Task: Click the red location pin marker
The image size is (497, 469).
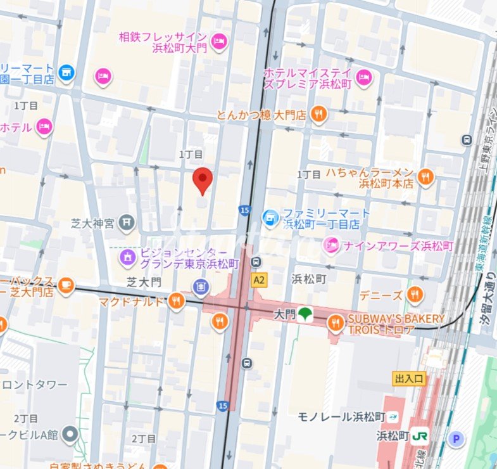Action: pyautogui.click(x=202, y=181)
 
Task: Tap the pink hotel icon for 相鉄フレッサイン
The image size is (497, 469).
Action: pyautogui.click(x=219, y=41)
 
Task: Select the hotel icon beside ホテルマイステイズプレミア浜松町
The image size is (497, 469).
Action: pyautogui.click(x=363, y=78)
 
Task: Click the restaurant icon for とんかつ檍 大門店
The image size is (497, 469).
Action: pyautogui.click(x=319, y=114)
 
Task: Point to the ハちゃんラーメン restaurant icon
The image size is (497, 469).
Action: pyautogui.click(x=425, y=177)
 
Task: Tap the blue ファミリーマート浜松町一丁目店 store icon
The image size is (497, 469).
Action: pyautogui.click(x=270, y=218)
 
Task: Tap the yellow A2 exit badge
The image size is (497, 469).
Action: pyautogui.click(x=258, y=279)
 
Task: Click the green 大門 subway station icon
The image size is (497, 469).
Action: pyautogui.click(x=306, y=313)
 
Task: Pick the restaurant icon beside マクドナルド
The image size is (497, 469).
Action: pyautogui.click(x=177, y=301)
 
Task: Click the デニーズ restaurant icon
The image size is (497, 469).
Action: pyautogui.click(x=415, y=294)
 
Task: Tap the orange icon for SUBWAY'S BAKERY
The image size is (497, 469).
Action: pyautogui.click(x=336, y=324)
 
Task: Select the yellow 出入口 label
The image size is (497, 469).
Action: pyautogui.click(x=409, y=378)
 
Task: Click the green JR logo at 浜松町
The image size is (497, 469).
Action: pyautogui.click(x=419, y=436)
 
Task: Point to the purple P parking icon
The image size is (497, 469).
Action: pyautogui.click(x=455, y=438)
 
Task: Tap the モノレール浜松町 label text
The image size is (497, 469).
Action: pyautogui.click(x=342, y=416)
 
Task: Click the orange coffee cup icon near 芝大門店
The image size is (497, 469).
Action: pyautogui.click(x=66, y=286)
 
